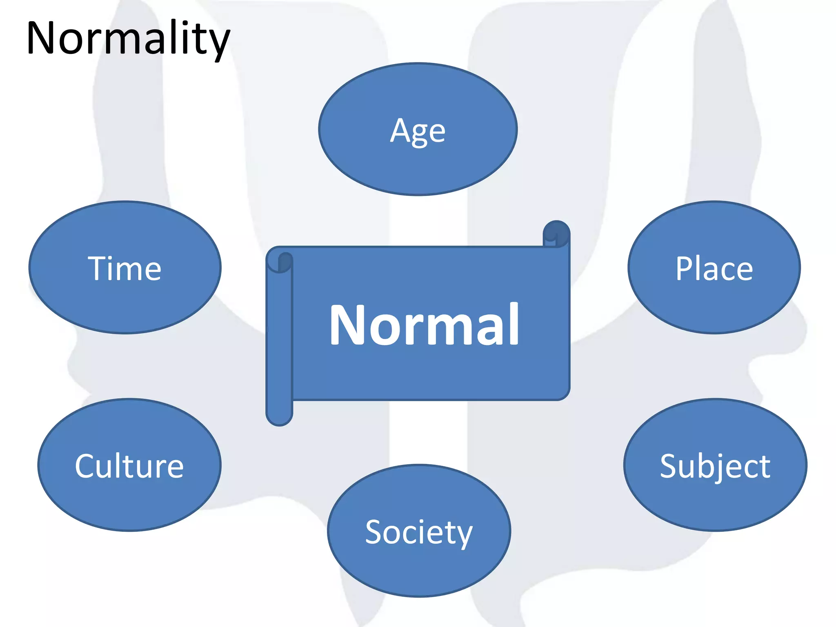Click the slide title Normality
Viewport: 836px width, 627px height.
(x=128, y=39)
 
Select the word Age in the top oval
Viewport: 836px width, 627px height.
(x=418, y=131)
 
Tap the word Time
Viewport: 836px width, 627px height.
(x=125, y=269)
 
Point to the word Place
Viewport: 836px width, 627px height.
(x=714, y=269)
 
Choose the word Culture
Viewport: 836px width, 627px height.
(x=129, y=466)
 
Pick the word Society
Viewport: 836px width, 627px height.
(x=419, y=532)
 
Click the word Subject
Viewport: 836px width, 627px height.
(x=715, y=466)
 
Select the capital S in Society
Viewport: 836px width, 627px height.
(x=374, y=532)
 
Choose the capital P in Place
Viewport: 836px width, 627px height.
(x=684, y=269)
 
